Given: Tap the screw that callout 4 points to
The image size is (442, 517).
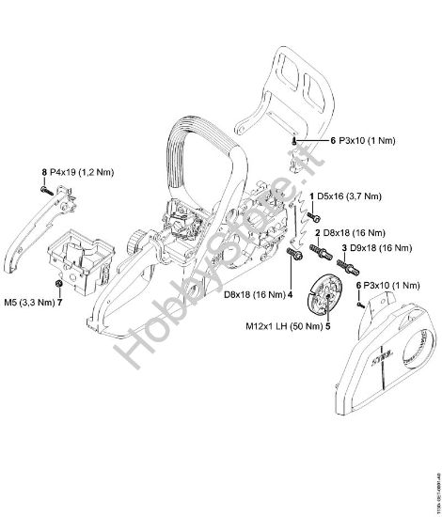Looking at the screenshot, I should (292, 253).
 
